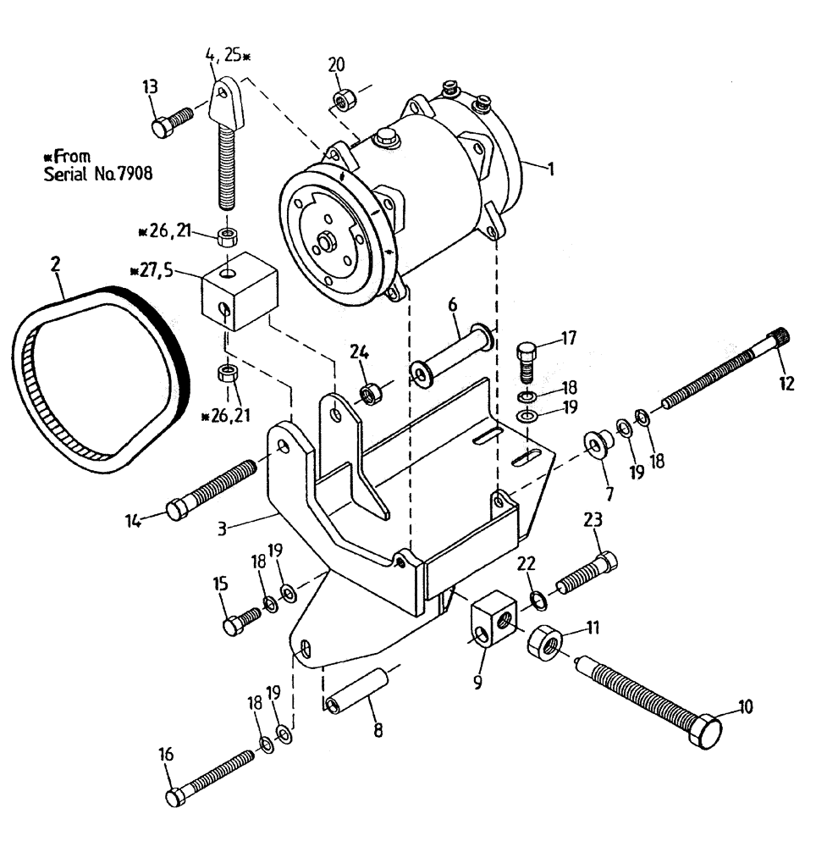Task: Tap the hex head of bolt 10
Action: click(x=707, y=730)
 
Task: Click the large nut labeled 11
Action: click(x=544, y=646)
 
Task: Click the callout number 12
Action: click(x=786, y=384)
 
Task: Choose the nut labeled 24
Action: click(x=369, y=394)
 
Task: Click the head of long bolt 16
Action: click(x=176, y=796)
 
